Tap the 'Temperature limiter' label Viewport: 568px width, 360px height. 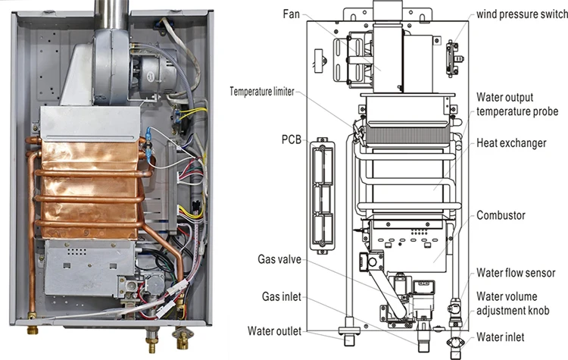[x=264, y=92]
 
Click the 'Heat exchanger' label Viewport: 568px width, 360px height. [x=511, y=142]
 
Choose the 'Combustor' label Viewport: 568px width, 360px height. [x=501, y=215]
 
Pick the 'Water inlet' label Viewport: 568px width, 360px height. [x=503, y=336]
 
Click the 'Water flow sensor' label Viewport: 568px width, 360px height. [x=515, y=272]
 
